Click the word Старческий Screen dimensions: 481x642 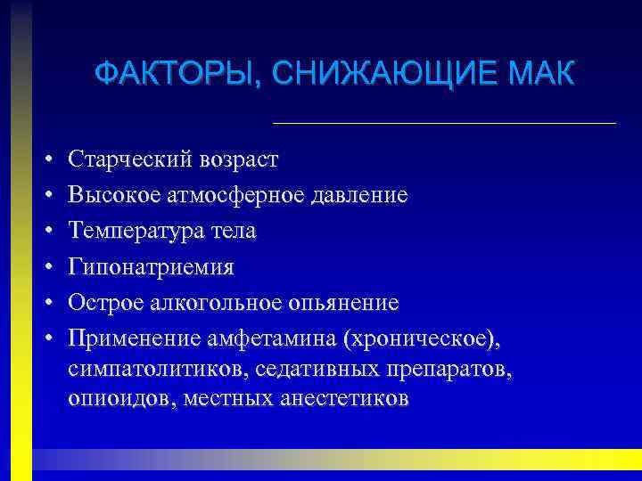tap(124, 159)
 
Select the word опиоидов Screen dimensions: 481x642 tap(119, 399)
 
